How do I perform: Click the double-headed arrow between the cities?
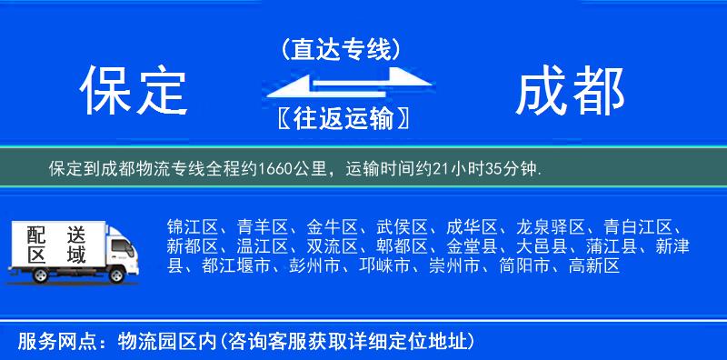[x=341, y=85]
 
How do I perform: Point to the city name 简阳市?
[x=527, y=266]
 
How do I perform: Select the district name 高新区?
[x=593, y=266]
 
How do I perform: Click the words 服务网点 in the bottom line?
[x=45, y=342]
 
